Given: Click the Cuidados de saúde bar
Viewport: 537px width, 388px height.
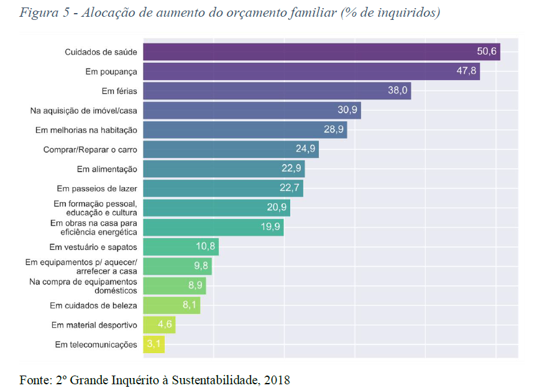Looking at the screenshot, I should click(321, 52).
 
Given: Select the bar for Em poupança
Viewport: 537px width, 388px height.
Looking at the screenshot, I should click(311, 71).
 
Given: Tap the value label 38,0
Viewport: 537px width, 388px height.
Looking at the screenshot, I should click(397, 91).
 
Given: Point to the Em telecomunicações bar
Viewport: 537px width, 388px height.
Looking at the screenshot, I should click(154, 344).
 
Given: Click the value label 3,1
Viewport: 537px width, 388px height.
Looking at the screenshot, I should click(154, 344).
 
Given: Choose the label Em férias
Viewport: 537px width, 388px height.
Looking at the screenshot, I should click(119, 91).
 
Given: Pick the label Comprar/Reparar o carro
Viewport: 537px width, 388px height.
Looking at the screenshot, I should click(90, 149).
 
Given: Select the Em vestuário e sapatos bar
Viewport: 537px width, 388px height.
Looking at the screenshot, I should click(181, 247).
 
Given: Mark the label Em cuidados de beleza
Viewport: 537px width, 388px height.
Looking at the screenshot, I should click(93, 305).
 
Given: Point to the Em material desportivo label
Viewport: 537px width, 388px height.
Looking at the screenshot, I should click(94, 325).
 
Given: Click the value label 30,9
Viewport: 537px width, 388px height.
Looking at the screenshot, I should click(348, 110).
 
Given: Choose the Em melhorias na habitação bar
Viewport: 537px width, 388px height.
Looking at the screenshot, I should click(245, 130).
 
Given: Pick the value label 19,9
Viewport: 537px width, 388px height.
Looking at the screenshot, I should click(271, 227).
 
